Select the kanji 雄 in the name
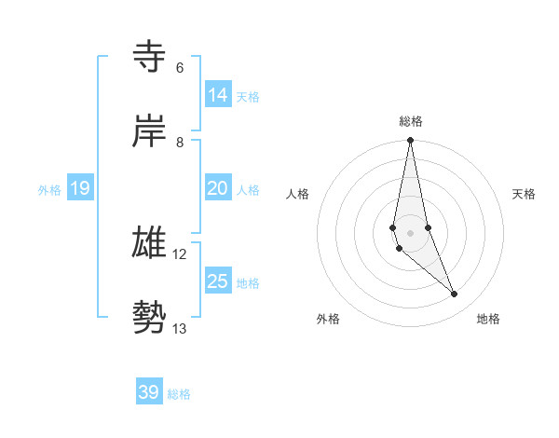(149, 242)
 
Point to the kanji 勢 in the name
(149, 317)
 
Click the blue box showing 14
(218, 95)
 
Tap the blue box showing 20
(218, 188)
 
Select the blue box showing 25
(218, 281)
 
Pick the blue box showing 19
(80, 189)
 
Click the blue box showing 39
(149, 392)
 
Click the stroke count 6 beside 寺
(179, 68)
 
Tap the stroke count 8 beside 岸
(179, 143)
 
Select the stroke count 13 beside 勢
(180, 328)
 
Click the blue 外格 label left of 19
(49, 190)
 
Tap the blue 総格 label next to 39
(179, 394)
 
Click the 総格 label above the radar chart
(410, 121)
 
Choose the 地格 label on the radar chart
(488, 319)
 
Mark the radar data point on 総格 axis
(410, 141)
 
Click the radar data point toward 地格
(455, 294)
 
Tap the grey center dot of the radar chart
(410, 233)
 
